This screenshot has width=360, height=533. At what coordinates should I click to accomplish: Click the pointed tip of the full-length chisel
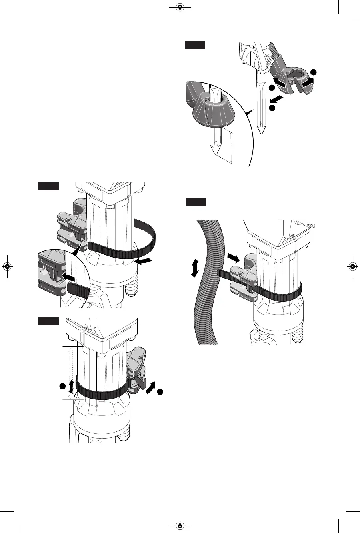point(261,133)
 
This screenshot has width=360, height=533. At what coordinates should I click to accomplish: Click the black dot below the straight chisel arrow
point(272,108)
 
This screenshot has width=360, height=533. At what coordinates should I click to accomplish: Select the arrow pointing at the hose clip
point(234,256)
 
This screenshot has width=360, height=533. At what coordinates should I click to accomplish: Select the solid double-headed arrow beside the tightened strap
point(71,386)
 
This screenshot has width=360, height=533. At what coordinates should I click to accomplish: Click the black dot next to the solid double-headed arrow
point(62,387)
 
